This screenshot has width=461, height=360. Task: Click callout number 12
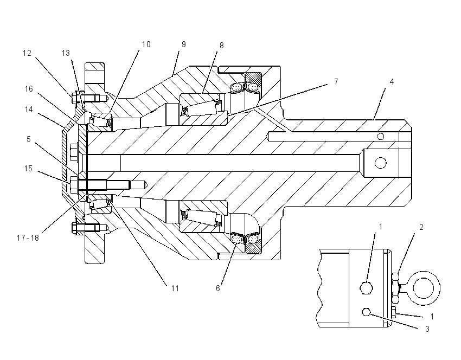(27, 53)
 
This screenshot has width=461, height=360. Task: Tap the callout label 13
(66, 53)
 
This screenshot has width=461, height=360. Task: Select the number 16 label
(29, 89)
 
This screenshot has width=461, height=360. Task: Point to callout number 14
(29, 110)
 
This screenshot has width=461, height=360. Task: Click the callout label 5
(29, 139)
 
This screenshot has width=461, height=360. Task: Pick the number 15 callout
(28, 169)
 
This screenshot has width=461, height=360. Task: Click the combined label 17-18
(28, 238)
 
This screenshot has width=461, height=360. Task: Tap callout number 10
(146, 44)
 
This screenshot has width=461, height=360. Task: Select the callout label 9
(184, 44)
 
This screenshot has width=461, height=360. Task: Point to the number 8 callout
(221, 46)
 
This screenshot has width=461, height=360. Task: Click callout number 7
(336, 81)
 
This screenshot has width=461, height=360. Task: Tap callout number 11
(175, 288)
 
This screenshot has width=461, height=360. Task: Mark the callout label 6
(218, 288)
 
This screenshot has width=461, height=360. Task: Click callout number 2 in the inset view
(421, 227)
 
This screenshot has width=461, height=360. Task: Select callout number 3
(427, 329)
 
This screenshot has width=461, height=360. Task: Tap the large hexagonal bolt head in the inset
(367, 288)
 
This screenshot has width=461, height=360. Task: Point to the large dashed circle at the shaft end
(380, 163)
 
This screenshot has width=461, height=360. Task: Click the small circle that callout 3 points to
(366, 312)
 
